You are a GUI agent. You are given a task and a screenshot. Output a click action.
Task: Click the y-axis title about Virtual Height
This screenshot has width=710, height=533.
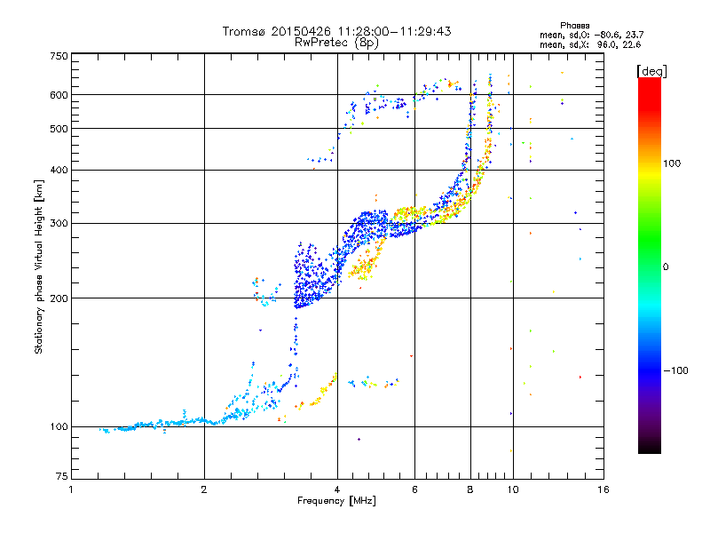[39, 266]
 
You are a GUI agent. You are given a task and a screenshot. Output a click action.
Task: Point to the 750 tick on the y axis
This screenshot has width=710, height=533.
[59, 55]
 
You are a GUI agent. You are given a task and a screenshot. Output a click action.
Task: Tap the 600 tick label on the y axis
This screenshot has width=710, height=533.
[59, 95]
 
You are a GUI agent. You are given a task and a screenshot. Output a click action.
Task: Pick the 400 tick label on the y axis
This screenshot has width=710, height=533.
[59, 170]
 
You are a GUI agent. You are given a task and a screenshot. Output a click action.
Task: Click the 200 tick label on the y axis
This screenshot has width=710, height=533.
[59, 298]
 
